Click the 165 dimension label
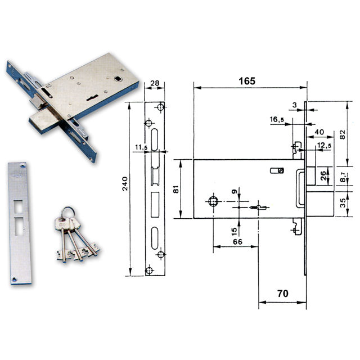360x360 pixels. (x=247, y=81)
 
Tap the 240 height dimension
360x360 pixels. (x=125, y=183)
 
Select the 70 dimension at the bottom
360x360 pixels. (x=282, y=294)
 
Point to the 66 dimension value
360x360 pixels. (x=237, y=242)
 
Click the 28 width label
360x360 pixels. (x=155, y=83)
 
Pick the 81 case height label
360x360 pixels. (x=176, y=189)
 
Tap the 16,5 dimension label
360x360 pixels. (x=277, y=119)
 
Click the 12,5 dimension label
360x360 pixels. (x=324, y=145)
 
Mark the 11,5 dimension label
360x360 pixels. (x=141, y=147)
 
